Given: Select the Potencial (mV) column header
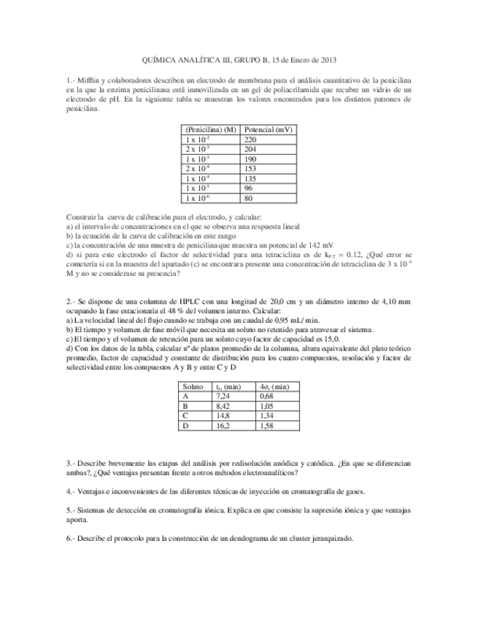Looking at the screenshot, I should coord(269,128).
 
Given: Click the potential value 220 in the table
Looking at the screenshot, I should coord(250,139).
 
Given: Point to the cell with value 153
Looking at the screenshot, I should coord(250,168).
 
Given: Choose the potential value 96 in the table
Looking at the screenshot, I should coord(249,188).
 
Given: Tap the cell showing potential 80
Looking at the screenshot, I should coord(249,197).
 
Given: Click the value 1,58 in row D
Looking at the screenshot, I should coord(266,424).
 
